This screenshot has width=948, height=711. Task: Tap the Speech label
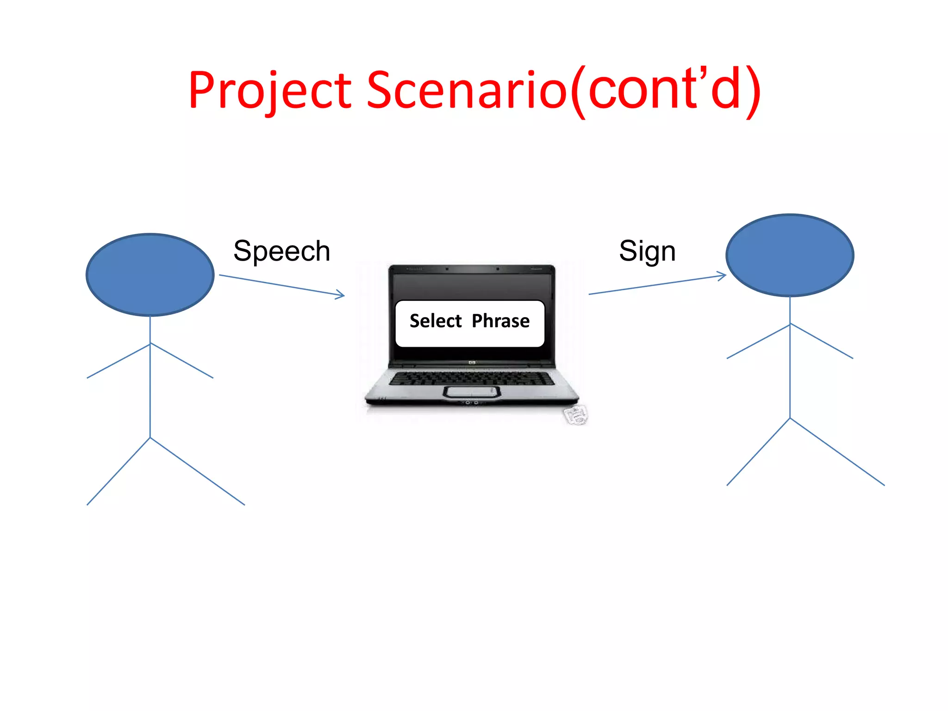pos(281,251)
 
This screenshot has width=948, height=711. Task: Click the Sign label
pos(647,251)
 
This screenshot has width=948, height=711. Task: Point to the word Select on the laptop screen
pos(436,321)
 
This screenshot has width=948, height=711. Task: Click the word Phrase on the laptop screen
pos(500,321)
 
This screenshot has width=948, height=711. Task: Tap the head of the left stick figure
pos(150,275)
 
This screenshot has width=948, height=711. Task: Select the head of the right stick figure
pos(790,255)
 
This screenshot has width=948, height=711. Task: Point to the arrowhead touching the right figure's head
pos(723,276)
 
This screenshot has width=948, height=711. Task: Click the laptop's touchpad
pos(472,392)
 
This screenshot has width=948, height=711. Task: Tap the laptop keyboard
pos(471,378)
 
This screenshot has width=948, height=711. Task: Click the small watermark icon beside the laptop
pos(576,415)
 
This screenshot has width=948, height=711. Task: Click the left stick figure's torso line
pos(150,389)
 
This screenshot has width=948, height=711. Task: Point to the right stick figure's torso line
pos(790,370)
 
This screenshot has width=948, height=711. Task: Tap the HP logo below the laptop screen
pos(472,363)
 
